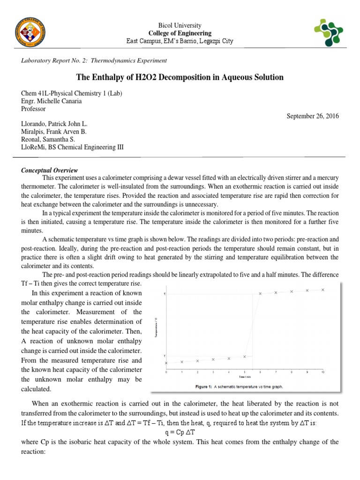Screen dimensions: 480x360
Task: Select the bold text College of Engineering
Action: [x=180, y=33]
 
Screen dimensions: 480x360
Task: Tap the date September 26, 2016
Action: [x=312, y=116]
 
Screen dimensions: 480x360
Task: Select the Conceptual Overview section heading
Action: [x=50, y=170]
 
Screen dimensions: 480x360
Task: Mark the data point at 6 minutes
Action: [x=260, y=294]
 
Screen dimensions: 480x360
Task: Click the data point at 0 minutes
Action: [x=166, y=363]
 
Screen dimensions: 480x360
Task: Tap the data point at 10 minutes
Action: [x=323, y=290]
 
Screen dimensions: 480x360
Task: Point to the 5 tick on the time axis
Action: [x=245, y=372]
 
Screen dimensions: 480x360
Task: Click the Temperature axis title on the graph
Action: [x=156, y=327]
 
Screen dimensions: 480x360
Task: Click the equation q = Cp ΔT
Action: [x=180, y=430]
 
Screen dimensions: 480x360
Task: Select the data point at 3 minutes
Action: [x=213, y=360]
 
